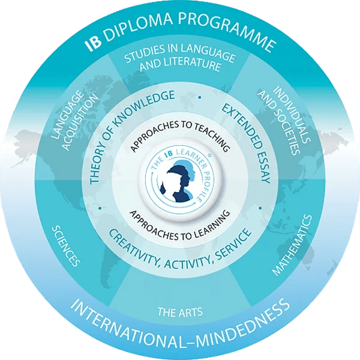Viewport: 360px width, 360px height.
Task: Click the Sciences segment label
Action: [x=66, y=245]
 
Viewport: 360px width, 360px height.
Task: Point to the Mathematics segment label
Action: [x=292, y=245]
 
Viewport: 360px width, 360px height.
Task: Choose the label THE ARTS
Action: [x=180, y=312]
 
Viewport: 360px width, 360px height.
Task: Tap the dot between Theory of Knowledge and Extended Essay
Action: [x=200, y=97]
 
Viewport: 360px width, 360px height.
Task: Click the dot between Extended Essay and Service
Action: [x=260, y=208]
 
